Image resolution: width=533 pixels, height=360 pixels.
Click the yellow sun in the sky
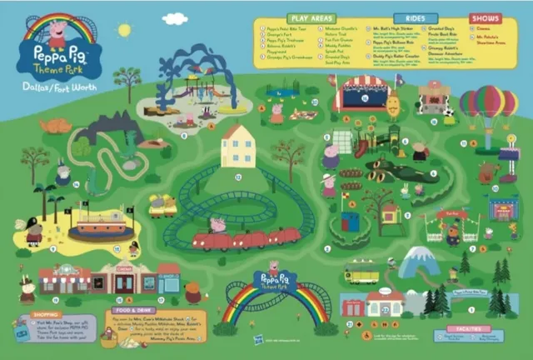124,30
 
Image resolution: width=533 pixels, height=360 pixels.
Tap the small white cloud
175,18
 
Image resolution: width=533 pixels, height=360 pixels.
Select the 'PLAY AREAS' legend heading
312,17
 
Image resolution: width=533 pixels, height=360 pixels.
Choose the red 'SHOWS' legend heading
485,17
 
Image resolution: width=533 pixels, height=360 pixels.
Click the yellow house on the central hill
238,147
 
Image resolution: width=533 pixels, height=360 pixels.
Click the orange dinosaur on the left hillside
55,126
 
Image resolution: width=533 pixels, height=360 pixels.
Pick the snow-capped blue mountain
420,261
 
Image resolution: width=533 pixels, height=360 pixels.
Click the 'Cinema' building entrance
124,282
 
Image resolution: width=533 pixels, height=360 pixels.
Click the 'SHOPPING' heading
46,315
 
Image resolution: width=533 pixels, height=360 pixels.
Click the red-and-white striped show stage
361,93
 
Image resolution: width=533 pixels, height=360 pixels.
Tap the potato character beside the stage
392,105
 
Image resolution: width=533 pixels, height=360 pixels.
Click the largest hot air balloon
489,102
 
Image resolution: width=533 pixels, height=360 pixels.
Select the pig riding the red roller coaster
218,225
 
